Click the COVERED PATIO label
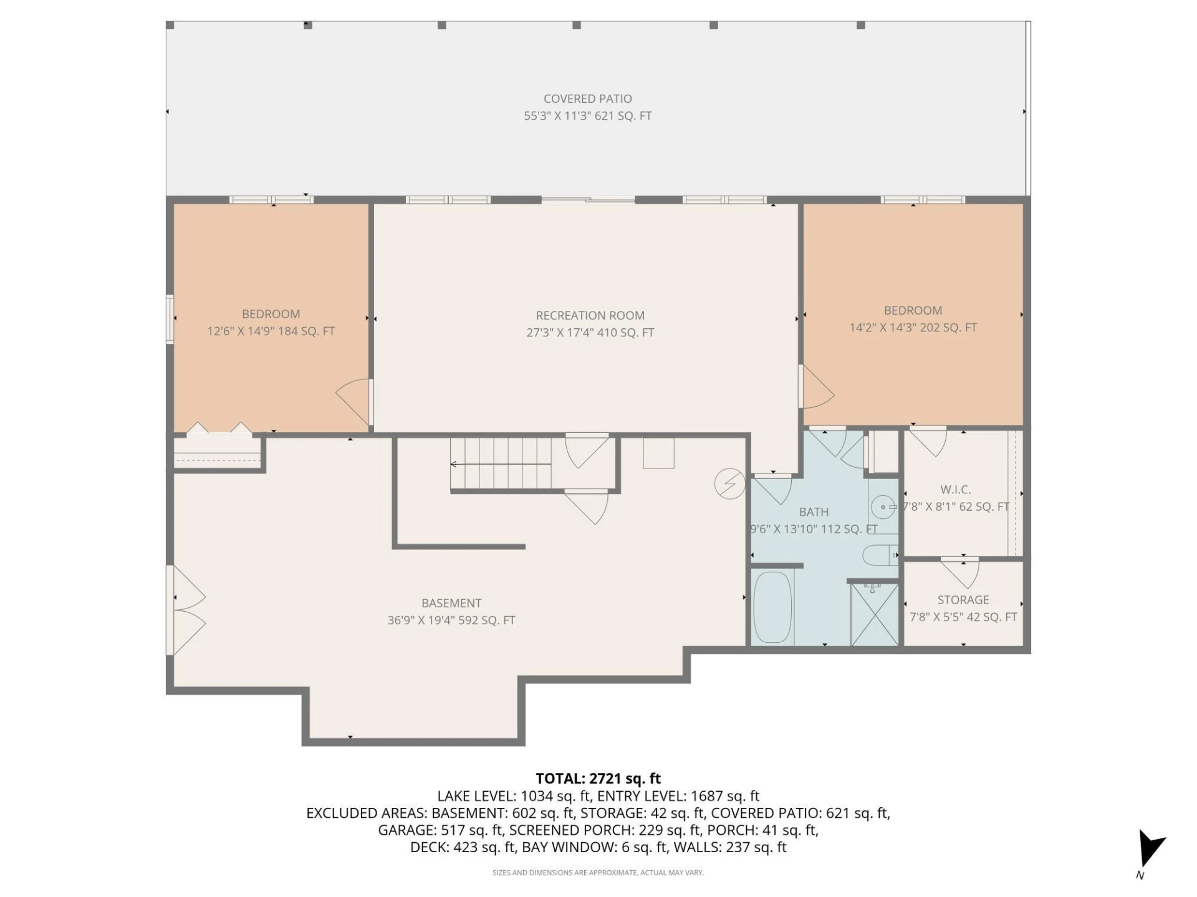coord(587,98)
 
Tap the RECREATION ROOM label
coord(590,315)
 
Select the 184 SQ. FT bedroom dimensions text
coord(271,331)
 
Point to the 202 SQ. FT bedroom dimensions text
coord(913,327)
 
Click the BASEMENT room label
coord(451,603)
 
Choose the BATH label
coord(814,511)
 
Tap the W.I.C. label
coord(955,490)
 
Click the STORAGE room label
coord(963,600)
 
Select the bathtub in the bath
coord(772,607)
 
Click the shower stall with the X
coord(875,614)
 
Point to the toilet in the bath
coord(880,554)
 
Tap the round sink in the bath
coord(883,507)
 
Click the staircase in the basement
coord(501,464)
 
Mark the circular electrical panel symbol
coord(729,483)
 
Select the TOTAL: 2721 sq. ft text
coord(598,779)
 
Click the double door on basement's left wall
coord(186,610)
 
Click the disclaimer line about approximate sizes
coord(598,873)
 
